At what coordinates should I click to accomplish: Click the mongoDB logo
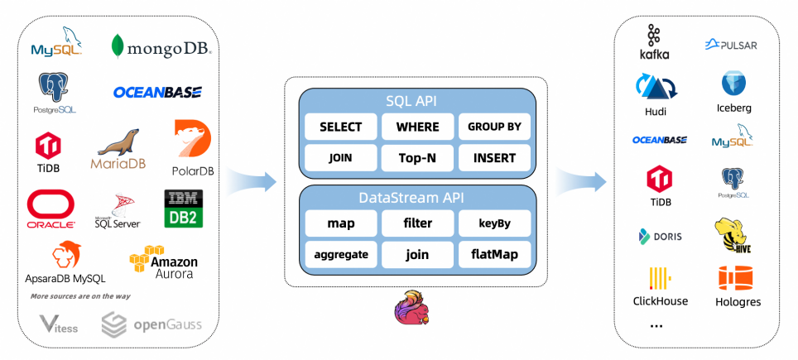[x=161, y=46]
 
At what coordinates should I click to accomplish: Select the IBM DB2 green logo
[x=184, y=209]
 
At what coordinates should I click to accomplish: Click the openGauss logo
[x=151, y=324]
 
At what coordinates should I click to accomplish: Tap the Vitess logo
[x=59, y=324]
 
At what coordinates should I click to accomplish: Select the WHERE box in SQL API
[x=417, y=127]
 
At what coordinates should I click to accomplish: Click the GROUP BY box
[x=494, y=127]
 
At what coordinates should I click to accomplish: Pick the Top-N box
[x=417, y=157]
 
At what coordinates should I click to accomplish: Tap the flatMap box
[x=494, y=254]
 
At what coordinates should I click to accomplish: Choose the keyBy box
[x=494, y=223]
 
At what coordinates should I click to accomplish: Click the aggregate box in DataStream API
[x=340, y=254]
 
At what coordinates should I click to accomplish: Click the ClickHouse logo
[x=660, y=286]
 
